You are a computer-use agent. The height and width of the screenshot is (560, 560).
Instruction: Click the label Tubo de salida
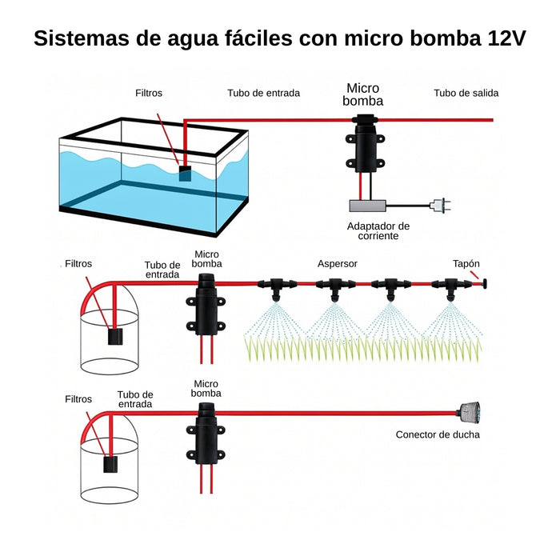click(466, 93)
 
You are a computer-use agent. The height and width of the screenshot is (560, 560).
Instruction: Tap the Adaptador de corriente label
click(378, 230)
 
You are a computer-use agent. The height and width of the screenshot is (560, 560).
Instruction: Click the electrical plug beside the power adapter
click(438, 206)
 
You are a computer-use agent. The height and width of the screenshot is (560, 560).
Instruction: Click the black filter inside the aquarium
click(186, 172)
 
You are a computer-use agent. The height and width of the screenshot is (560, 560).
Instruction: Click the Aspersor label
click(337, 263)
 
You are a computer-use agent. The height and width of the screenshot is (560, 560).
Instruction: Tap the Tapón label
click(466, 263)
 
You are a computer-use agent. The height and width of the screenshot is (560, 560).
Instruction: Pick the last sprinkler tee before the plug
click(449, 285)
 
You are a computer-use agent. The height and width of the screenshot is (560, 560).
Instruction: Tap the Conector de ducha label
click(438, 435)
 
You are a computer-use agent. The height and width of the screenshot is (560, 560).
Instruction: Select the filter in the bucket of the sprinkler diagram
click(115, 338)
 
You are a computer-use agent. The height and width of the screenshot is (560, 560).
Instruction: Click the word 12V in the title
click(506, 38)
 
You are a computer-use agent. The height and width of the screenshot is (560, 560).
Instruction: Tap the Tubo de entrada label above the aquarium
click(263, 93)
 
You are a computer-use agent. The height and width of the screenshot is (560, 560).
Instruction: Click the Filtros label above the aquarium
click(148, 93)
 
